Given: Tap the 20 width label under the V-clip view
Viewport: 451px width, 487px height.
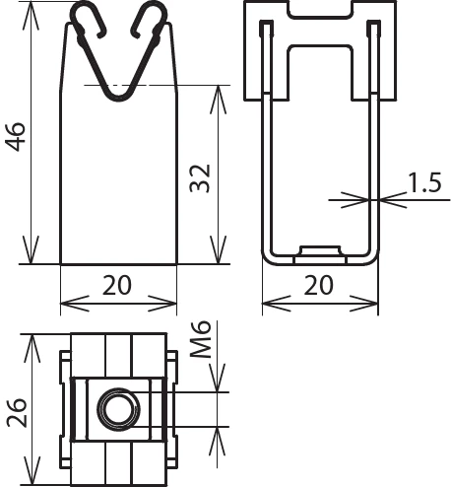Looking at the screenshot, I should pyautogui.click(x=118, y=286).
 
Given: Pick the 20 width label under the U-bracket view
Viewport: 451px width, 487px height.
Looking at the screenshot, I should pyautogui.click(x=318, y=286).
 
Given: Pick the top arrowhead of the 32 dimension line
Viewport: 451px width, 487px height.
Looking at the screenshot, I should pyautogui.click(x=217, y=90).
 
